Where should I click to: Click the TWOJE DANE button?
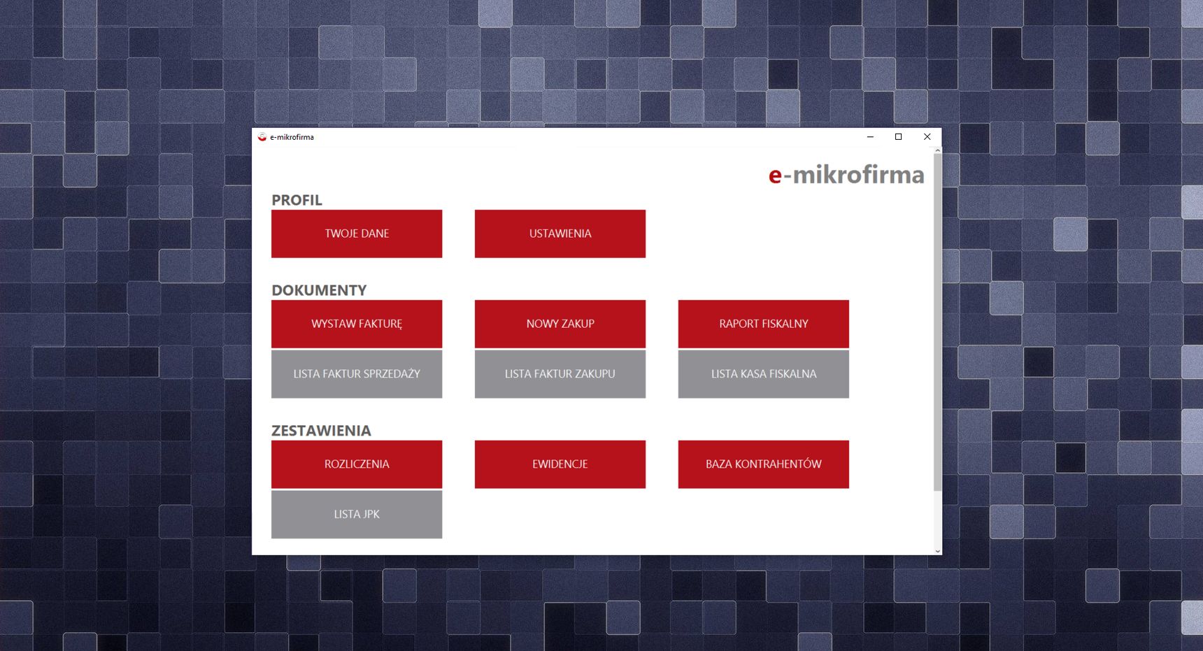[357, 234]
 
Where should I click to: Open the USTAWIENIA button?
[560, 234]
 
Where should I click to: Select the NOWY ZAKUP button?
[560, 324]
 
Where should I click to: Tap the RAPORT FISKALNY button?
[764, 324]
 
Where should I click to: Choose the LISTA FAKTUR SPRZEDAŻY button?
[357, 374]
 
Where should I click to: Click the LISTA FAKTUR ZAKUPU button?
[560, 374]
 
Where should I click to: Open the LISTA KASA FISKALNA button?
[764, 374]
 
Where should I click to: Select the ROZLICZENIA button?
[357, 464]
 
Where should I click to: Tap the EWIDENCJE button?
[560, 464]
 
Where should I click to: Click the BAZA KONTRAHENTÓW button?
[764, 464]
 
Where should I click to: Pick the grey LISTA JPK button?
[357, 515]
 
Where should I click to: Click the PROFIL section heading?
[297, 200]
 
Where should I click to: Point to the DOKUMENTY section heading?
[319, 290]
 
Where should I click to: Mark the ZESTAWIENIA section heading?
[321, 431]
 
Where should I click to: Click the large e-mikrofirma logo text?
[846, 174]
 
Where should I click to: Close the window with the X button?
[927, 137]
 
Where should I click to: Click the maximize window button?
[899, 137]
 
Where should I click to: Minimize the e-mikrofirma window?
[870, 137]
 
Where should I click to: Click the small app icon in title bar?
[262, 137]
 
